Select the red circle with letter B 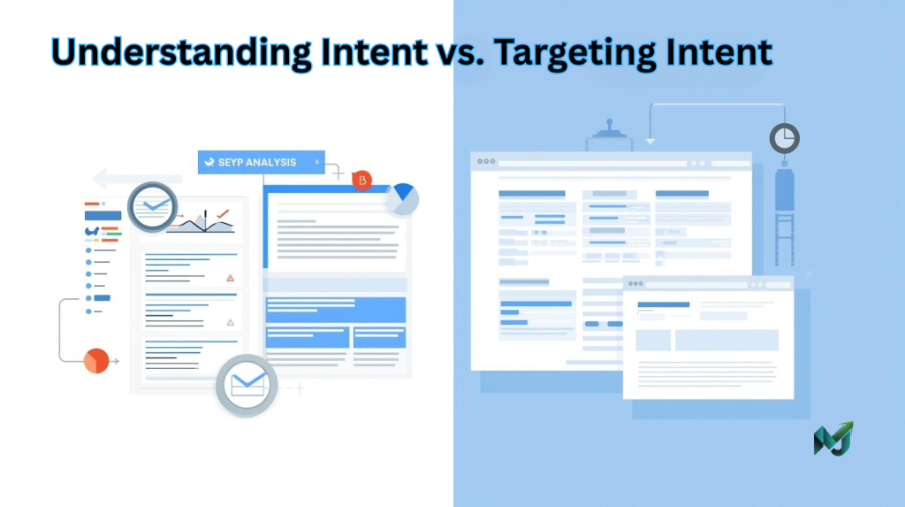pyautogui.click(x=361, y=181)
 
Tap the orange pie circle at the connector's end pyautogui.click(x=95, y=360)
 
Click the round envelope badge pyautogui.click(x=246, y=384)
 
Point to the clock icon pyautogui.click(x=784, y=138)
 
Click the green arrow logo pyautogui.click(x=833, y=439)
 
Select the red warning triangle pyautogui.click(x=231, y=278)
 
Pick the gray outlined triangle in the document pyautogui.click(x=231, y=322)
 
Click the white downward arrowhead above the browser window pyautogui.click(x=650, y=139)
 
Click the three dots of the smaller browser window pyautogui.click(x=635, y=285)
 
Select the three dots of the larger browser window pyautogui.click(x=486, y=163)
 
